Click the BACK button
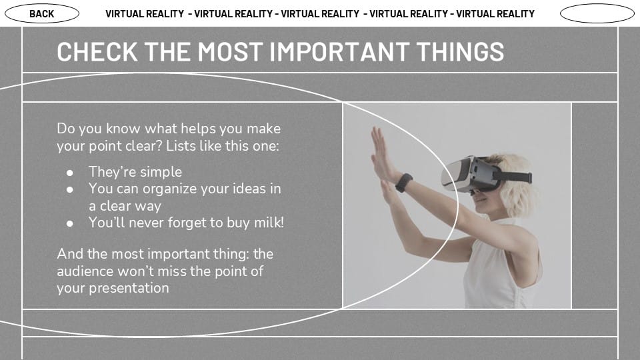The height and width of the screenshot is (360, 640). (42, 13)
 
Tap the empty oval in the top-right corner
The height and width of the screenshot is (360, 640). (597, 13)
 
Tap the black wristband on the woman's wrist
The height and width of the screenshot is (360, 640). (404, 183)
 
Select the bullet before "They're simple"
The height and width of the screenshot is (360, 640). (70, 173)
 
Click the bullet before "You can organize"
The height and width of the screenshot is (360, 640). (70, 189)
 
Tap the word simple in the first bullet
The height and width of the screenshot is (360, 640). (161, 172)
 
